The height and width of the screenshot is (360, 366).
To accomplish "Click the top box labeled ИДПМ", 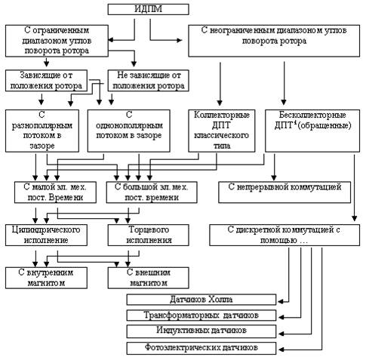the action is click(148, 9).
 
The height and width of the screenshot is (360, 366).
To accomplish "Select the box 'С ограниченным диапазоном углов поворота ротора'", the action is click(57, 41).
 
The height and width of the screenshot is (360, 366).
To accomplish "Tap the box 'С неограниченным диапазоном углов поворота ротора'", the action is click(274, 41).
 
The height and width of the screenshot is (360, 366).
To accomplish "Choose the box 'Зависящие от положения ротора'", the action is click(46, 81).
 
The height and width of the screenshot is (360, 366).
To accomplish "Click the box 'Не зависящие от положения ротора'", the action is click(148, 81).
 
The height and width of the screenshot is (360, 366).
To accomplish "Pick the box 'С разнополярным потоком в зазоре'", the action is click(42, 131).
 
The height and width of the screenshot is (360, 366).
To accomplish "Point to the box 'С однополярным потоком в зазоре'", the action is click(129, 131).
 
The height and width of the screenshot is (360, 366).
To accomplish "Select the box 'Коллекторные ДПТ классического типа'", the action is click(222, 131).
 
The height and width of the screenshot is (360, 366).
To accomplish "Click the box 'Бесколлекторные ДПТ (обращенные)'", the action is click(312, 131).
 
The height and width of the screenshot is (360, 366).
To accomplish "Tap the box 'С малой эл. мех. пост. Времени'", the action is click(55, 192).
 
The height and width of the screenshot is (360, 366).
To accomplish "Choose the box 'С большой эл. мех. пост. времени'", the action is click(152, 192).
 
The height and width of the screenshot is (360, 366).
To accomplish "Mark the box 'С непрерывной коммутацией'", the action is click(284, 192).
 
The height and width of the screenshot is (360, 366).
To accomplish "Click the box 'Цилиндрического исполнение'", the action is click(46, 235).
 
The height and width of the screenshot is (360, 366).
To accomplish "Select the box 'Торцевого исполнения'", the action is click(148, 235).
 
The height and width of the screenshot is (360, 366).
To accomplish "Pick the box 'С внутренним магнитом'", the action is click(46, 278).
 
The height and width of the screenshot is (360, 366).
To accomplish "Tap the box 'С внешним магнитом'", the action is click(148, 278).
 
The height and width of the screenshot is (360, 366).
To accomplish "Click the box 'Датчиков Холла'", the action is click(201, 300).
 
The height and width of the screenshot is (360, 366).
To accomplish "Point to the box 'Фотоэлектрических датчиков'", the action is click(201, 348).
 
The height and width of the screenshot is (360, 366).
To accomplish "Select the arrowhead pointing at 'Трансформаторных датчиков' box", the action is click(281, 317).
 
